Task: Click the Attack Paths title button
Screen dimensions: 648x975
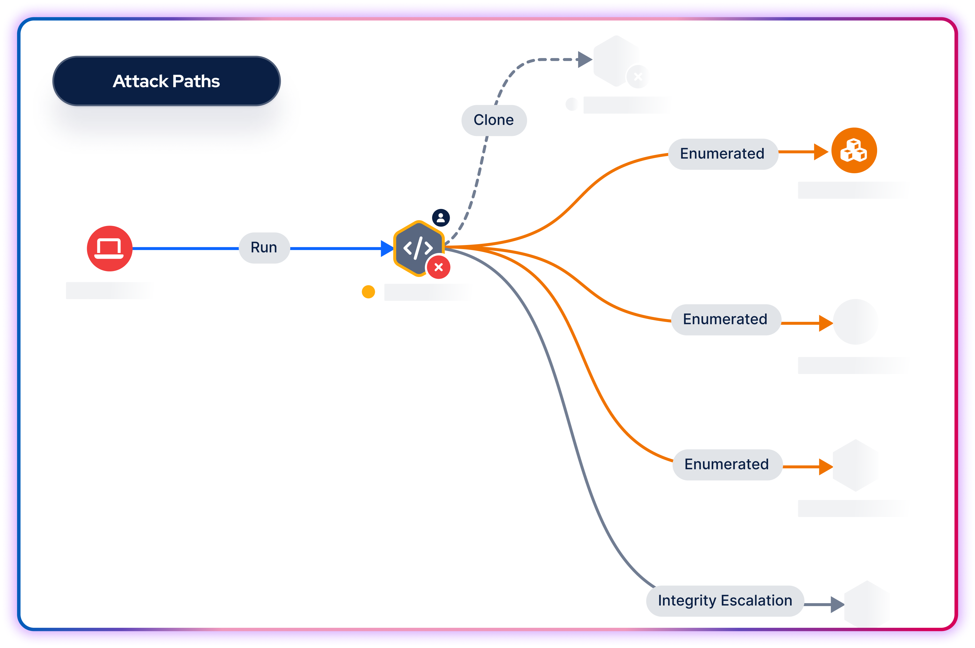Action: pyautogui.click(x=166, y=81)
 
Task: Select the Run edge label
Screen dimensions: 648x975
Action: pyautogui.click(x=264, y=248)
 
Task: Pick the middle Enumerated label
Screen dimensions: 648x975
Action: pyautogui.click(x=725, y=319)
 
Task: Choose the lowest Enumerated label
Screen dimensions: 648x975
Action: pyautogui.click(x=727, y=465)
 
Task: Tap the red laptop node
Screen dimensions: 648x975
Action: pyautogui.click(x=110, y=248)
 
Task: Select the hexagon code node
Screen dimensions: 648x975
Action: pyautogui.click(x=417, y=248)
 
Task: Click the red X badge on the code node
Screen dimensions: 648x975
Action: pyautogui.click(x=439, y=267)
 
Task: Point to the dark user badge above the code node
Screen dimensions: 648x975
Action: pyautogui.click(x=441, y=217)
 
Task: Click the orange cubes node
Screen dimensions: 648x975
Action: pyautogui.click(x=854, y=150)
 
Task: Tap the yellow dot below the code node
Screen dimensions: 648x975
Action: pyautogui.click(x=368, y=292)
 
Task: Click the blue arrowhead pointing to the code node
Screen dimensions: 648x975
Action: pyautogui.click(x=387, y=248)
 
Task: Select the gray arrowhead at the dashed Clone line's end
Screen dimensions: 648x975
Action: pyautogui.click(x=585, y=59)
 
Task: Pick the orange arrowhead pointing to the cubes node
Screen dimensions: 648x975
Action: pyautogui.click(x=821, y=152)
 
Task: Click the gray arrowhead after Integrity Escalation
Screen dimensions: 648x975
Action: pyautogui.click(x=837, y=605)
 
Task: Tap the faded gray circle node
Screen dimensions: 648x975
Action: pyautogui.click(x=855, y=322)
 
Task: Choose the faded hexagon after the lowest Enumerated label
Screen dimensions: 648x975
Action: pyautogui.click(x=855, y=465)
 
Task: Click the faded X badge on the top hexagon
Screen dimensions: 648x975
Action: pyautogui.click(x=638, y=76)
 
